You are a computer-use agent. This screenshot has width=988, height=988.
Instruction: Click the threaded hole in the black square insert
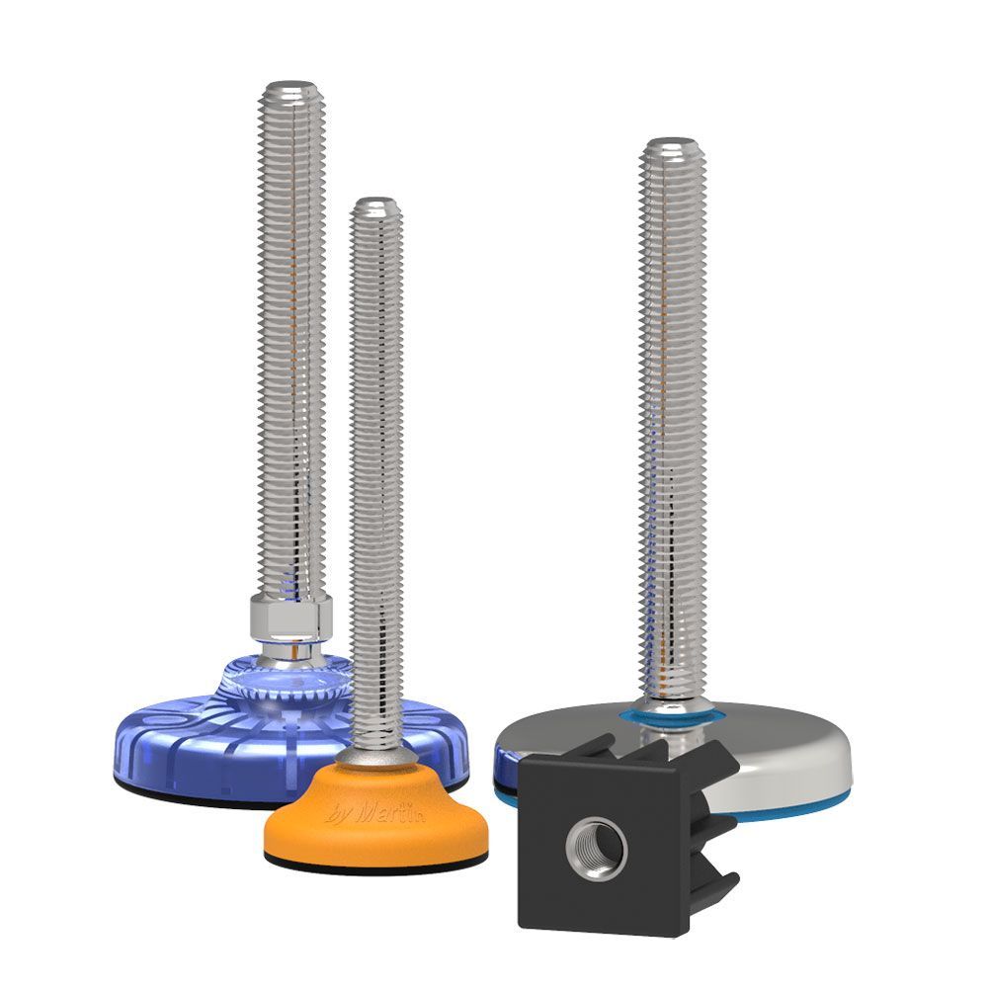tap(597, 846)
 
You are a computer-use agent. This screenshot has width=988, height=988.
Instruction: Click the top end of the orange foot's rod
tap(376, 204)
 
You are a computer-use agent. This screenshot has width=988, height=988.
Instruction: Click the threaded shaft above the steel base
tap(671, 415)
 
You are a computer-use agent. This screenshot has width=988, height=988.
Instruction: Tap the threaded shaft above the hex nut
tap(289, 346)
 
